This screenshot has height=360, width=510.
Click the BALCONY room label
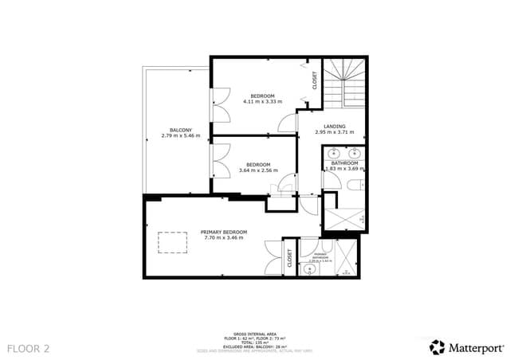click(x=180, y=130)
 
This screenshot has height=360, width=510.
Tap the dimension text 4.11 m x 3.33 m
click(x=263, y=101)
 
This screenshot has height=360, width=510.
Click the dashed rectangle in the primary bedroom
click(x=170, y=241)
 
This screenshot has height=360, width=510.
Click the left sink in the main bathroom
click(x=332, y=153)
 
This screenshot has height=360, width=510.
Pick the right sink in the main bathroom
click(x=355, y=153)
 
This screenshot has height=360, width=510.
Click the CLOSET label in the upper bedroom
click(x=314, y=80)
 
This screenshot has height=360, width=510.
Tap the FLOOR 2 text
click(x=29, y=348)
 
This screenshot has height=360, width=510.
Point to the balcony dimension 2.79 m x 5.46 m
click(x=180, y=135)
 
